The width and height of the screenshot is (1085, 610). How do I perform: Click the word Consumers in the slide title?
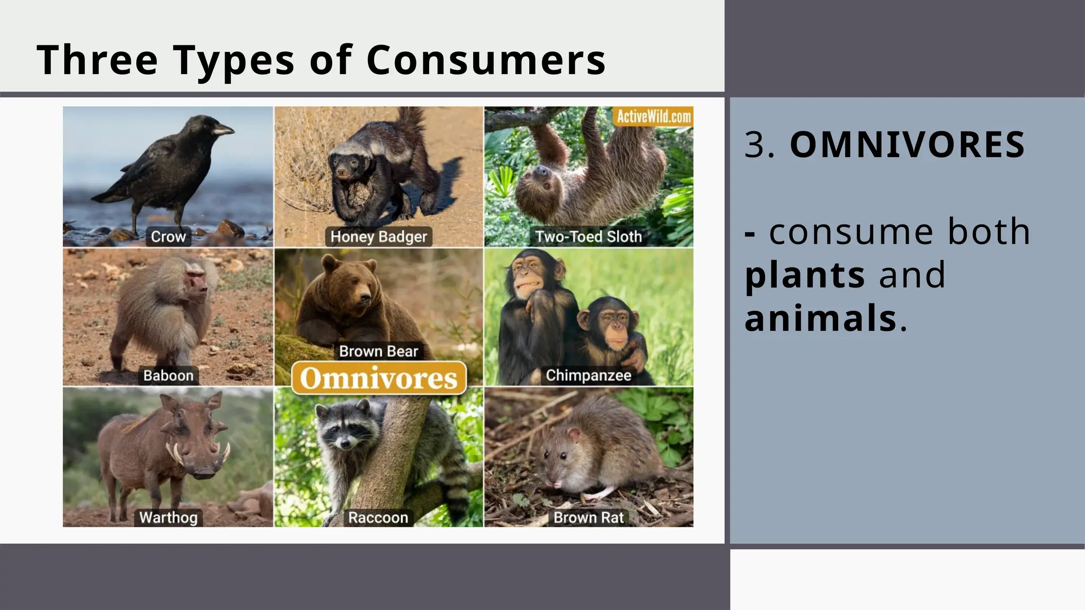(x=486, y=60)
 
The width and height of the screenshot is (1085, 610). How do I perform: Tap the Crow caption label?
(x=168, y=237)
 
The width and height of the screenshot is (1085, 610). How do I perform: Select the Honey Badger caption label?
(x=378, y=237)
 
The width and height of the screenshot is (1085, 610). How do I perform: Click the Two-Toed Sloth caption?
(x=588, y=237)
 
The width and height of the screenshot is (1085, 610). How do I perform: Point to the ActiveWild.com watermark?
(x=654, y=116)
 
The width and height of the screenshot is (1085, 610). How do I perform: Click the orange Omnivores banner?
(x=378, y=378)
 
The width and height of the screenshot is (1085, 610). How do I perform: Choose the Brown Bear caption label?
(x=378, y=351)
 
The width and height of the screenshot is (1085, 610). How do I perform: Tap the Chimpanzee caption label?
(x=588, y=375)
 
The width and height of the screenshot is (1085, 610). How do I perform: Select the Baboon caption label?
(x=168, y=375)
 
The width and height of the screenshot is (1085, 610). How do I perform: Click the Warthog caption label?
(x=168, y=517)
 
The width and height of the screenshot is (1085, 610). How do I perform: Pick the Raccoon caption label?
(x=378, y=517)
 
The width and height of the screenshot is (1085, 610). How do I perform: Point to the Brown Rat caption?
(x=588, y=517)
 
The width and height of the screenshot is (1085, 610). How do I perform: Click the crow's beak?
(x=223, y=129)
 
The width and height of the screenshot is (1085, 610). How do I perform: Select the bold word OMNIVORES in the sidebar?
(x=907, y=145)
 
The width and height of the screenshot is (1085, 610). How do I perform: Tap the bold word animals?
(x=820, y=319)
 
